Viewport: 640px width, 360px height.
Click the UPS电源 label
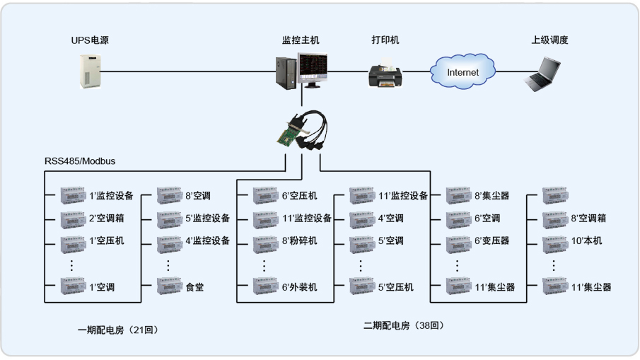[90, 40]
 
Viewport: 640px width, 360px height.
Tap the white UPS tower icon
[90, 71]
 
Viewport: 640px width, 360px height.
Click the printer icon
[386, 73]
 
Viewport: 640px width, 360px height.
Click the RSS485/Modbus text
[80, 161]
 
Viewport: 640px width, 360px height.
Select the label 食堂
[194, 287]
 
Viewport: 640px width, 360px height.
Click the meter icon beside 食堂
[169, 287]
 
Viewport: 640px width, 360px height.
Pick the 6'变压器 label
[492, 240]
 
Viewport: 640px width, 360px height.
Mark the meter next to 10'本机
[554, 241]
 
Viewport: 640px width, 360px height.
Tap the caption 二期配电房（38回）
[404, 325]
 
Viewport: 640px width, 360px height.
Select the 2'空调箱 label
[106, 218]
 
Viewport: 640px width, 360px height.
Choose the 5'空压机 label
[395, 287]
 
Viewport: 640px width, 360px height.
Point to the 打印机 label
[385, 40]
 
